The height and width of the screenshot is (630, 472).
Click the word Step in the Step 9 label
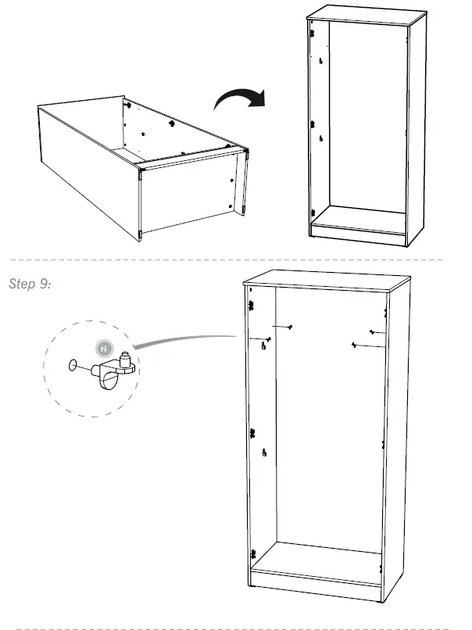pos(20,283)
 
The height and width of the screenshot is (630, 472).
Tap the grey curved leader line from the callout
pos(184,340)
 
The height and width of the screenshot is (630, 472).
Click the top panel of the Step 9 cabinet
pos(326,279)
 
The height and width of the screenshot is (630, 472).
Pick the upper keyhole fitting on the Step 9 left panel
pos(264,347)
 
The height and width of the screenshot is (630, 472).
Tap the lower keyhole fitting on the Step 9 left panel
pos(265,452)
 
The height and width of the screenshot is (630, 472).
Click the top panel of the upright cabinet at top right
pos(366,16)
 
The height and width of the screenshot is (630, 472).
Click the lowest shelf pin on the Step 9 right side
pos(355,344)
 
